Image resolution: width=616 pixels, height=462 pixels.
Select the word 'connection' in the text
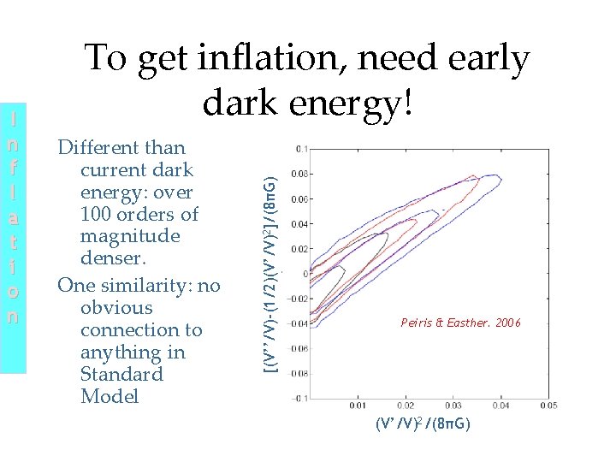tap(119, 330)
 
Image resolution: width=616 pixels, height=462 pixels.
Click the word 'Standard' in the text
tap(121, 375)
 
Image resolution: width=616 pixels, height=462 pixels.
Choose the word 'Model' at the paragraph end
tap(109, 397)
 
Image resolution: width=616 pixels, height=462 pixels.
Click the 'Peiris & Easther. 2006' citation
tap(460, 323)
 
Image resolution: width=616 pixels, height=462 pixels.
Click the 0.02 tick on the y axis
tap(299, 249)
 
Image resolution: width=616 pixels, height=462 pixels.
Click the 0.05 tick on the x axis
tap(548, 406)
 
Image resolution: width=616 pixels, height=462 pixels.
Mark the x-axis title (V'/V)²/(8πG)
tap(423, 425)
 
